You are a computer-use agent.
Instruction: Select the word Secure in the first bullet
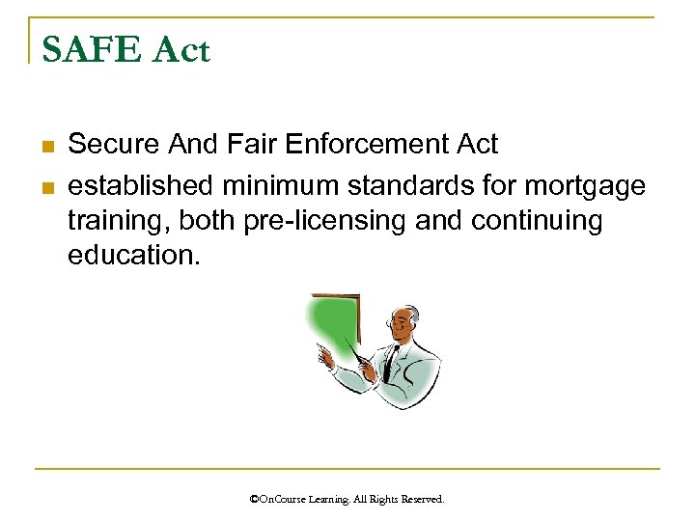pyautogui.click(x=116, y=146)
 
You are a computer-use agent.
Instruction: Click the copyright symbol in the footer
pyautogui.click(x=254, y=500)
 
